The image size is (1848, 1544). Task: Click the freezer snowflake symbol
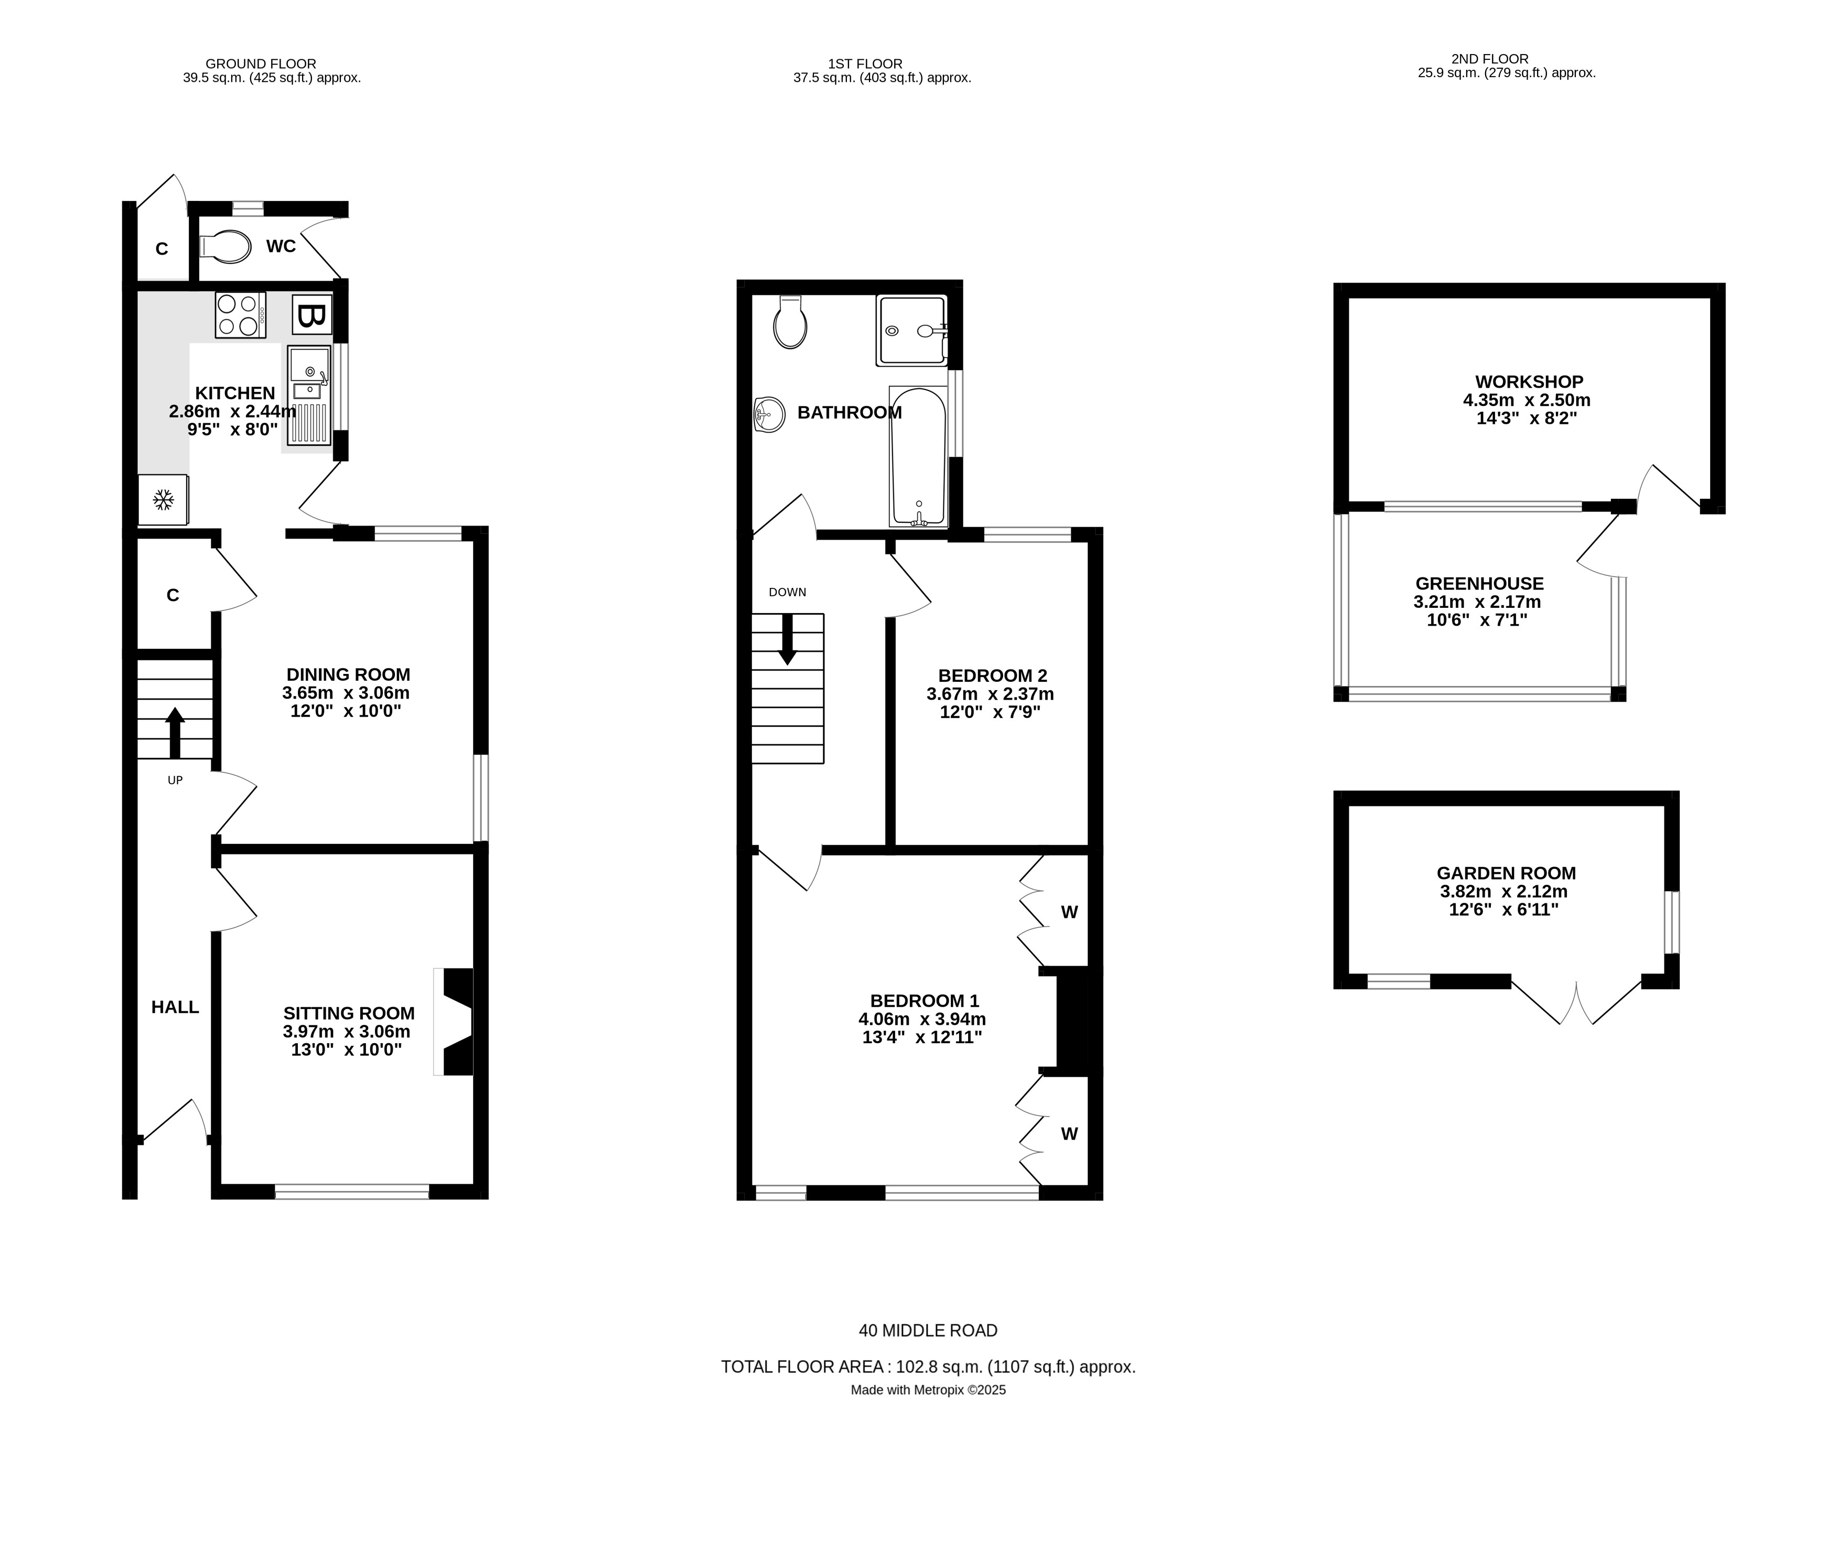(163, 500)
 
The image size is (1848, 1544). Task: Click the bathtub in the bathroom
(918, 456)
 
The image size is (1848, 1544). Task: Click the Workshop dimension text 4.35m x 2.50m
(1526, 400)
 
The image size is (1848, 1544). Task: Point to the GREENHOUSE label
(1479, 584)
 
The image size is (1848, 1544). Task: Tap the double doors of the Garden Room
(1576, 1003)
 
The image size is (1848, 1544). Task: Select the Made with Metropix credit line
(928, 1390)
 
